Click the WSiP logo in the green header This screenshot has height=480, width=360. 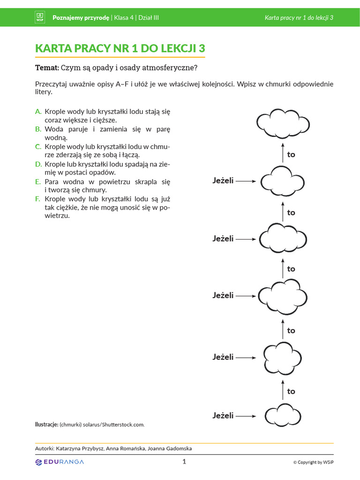40,17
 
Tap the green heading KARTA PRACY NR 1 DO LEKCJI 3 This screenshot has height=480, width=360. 120,49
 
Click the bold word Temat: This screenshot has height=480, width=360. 47,68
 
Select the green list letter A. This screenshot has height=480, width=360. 38,112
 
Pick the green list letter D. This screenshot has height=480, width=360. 38,164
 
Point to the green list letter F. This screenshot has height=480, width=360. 38,199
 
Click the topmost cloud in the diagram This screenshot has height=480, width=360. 284,123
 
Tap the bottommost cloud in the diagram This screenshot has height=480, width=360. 284,416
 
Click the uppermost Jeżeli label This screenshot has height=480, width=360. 223,180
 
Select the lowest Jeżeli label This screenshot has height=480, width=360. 223,416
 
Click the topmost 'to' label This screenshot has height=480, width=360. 291,155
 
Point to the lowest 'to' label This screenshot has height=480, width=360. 291,391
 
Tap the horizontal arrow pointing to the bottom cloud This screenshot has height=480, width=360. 246,416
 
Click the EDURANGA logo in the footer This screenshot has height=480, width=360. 60,462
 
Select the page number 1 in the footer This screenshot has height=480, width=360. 184,462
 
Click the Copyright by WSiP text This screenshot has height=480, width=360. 314,462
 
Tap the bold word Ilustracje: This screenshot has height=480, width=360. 46,424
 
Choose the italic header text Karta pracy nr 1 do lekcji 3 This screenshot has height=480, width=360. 299,18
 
